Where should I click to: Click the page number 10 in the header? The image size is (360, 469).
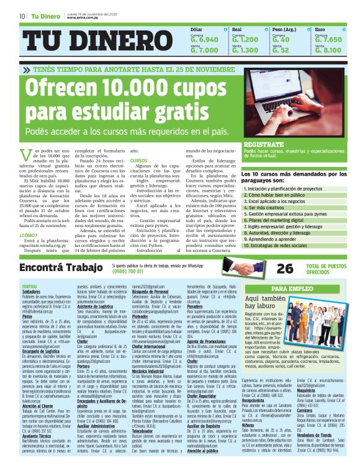[22, 16]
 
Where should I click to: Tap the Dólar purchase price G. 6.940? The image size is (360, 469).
[204, 39]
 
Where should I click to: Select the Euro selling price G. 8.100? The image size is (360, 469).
[328, 50]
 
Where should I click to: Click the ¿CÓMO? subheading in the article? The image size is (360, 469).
[30, 235]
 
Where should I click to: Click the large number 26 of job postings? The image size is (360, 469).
[286, 268]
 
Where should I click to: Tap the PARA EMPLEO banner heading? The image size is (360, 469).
[287, 290]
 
